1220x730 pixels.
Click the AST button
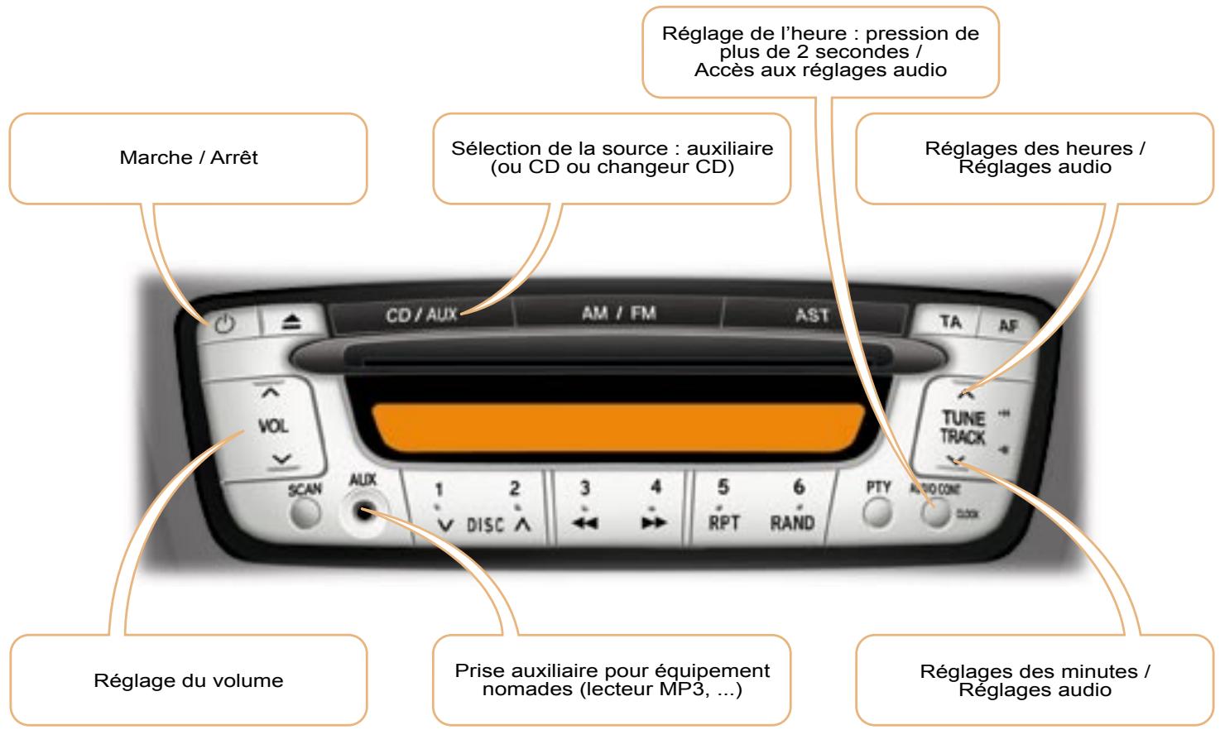tap(811, 315)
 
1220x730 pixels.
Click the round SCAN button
tap(305, 515)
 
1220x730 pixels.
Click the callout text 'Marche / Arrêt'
tap(189, 158)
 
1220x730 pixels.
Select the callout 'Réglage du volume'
tap(189, 681)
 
